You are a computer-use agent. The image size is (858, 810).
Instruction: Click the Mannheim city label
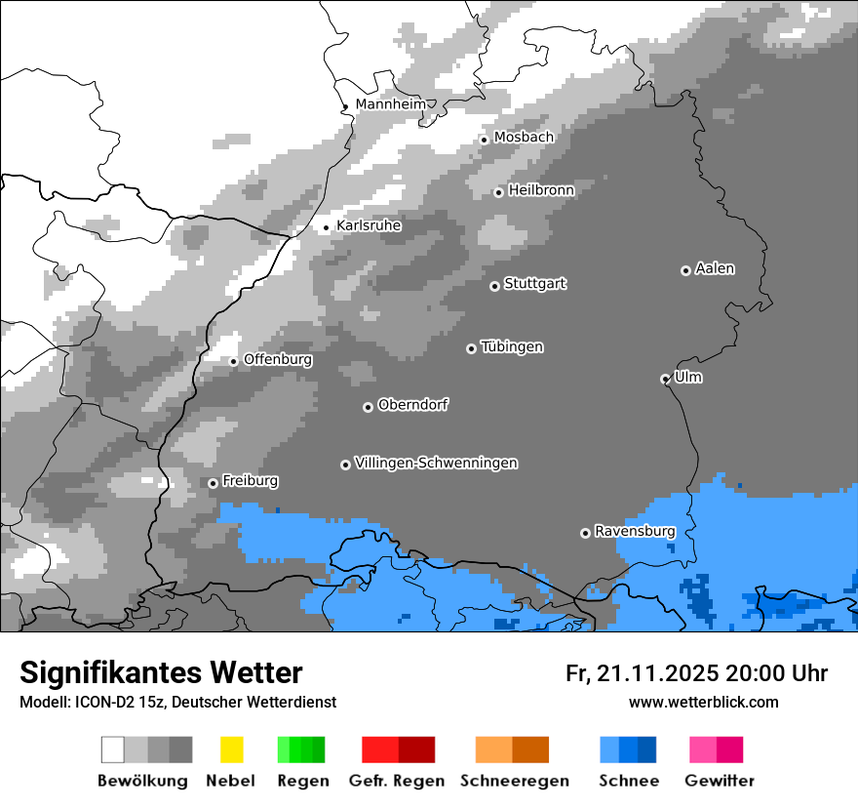pos(390,104)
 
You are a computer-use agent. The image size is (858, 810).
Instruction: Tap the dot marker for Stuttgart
pos(494,286)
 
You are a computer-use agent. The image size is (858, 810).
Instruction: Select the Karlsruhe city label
pos(369,225)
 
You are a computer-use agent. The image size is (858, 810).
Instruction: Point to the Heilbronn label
pos(541,190)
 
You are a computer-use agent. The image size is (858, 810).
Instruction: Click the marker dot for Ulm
pos(665,379)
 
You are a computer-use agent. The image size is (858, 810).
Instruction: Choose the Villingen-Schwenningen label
pos(436,463)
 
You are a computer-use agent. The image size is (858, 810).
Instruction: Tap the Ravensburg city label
pos(635,531)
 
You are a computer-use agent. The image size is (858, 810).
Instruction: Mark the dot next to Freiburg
pos(213,483)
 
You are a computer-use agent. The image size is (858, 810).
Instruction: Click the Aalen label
pos(715,268)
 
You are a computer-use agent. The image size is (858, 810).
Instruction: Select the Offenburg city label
pos(278,359)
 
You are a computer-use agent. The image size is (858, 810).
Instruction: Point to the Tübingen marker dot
pos(471,348)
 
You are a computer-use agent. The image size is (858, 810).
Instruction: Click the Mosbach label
pos(524,138)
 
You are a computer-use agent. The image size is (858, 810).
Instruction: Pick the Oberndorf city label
pos(412,405)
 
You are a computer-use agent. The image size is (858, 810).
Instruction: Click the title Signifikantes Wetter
pos(161,672)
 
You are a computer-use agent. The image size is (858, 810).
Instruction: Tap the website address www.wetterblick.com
pos(703,702)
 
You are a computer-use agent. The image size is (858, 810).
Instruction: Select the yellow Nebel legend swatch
pos(231,749)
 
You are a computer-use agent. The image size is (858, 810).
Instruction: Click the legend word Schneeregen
pos(514,781)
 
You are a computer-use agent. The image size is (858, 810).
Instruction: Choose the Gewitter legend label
pos(719,781)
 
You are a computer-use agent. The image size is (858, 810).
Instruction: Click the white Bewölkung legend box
pos(113,749)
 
